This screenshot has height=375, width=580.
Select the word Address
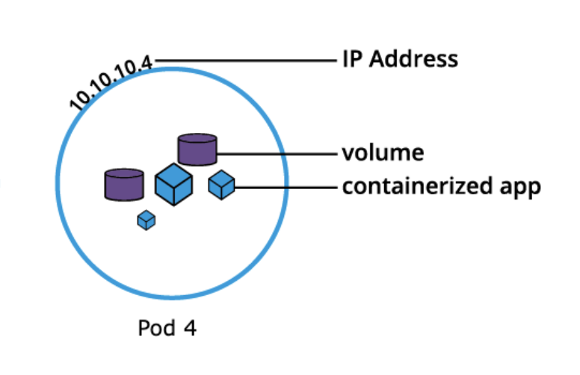[x=413, y=59]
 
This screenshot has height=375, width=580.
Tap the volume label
[x=383, y=153]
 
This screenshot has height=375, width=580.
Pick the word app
[x=524, y=187]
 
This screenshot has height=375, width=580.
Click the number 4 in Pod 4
[x=191, y=328]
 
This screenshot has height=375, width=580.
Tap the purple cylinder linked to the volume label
[x=197, y=149]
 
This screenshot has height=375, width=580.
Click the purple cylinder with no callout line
[x=124, y=185]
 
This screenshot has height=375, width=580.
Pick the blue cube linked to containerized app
[x=221, y=184]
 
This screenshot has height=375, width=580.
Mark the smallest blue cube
[x=146, y=220]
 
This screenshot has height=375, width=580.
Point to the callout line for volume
[x=277, y=154]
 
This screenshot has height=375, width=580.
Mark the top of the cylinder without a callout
[x=124, y=174]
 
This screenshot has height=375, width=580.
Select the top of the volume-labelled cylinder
[x=197, y=139]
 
